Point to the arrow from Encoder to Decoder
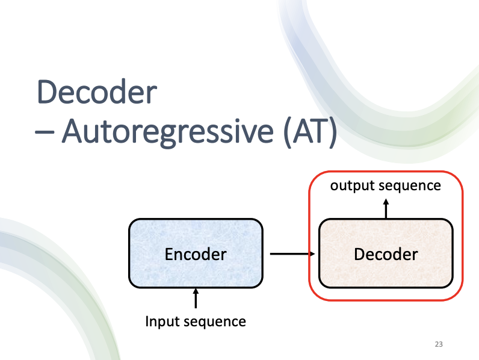tap(292, 254)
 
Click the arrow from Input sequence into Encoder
tap(196, 299)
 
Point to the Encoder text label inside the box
tap(196, 254)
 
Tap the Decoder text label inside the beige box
tap(386, 254)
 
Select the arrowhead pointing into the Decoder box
tap(313, 254)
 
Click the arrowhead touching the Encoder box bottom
tap(196, 292)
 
